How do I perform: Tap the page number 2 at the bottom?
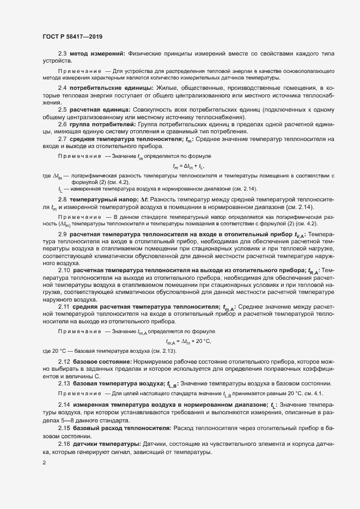click(44, 463)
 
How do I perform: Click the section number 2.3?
click(62, 53)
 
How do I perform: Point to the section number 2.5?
click(62, 110)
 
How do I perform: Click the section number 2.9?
click(62, 235)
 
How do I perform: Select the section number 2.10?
click(64, 270)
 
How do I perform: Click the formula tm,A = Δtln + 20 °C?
click(188, 341)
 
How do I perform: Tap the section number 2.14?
click(64, 405)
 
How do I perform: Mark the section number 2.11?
click(64, 306)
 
